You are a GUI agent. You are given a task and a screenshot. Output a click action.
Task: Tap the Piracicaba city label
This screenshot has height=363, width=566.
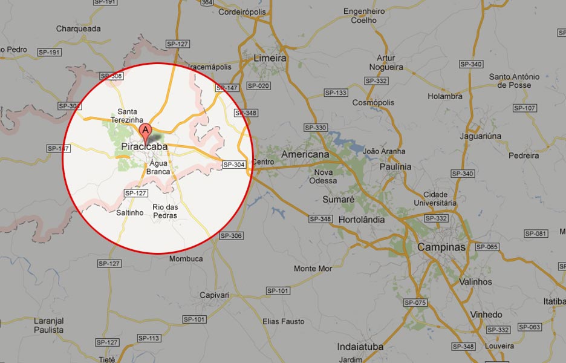tap(145, 146)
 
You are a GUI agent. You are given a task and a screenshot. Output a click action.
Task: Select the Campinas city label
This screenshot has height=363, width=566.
tap(441, 247)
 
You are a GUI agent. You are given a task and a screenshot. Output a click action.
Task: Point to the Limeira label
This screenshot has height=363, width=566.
tap(270, 59)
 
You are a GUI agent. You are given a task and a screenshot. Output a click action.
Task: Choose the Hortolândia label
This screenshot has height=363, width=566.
tap(362, 220)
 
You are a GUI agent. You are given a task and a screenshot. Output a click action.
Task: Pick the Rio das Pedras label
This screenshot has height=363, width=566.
tap(165, 211)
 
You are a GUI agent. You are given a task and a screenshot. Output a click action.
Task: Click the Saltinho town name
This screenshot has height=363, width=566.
tap(129, 212)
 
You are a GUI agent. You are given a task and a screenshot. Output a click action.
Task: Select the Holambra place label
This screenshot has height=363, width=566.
tap(445, 96)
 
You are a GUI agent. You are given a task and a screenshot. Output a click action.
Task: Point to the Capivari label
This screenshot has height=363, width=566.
tap(215, 295)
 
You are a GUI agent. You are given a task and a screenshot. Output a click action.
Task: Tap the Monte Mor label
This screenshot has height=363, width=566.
tap(313, 269)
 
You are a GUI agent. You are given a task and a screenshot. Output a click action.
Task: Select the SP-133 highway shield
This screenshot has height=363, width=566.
tap(336, 93)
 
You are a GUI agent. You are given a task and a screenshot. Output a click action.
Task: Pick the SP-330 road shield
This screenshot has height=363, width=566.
tap(316, 128)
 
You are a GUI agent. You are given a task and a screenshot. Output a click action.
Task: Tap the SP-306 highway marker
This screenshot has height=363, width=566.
tap(231, 235)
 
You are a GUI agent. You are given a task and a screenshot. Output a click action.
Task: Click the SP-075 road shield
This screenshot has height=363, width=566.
tap(415, 302)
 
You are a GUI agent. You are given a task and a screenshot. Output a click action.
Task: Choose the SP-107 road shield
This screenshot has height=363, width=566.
tap(524, 108)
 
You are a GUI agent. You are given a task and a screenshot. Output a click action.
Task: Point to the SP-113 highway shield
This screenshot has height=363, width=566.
tap(148, 338)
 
